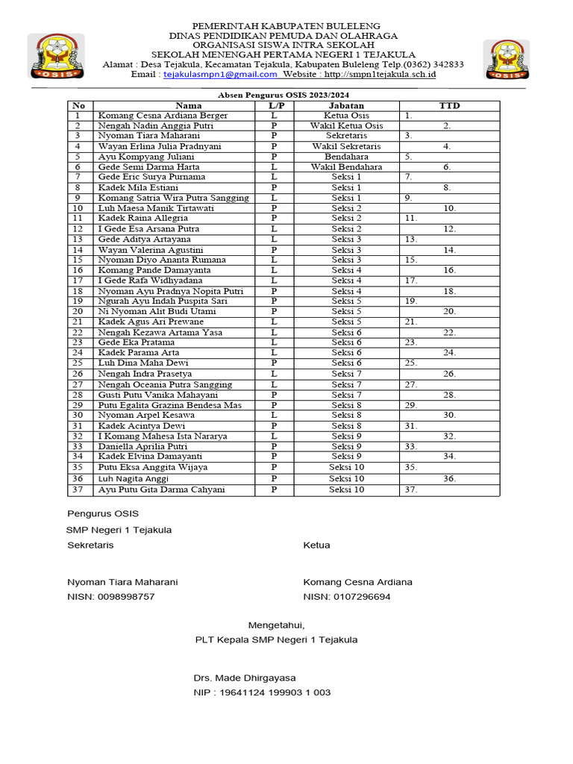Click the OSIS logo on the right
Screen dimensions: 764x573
pyautogui.click(x=507, y=60)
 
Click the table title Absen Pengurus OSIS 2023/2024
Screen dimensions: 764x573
pyautogui.click(x=283, y=95)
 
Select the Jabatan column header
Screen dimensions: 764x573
pyautogui.click(x=346, y=106)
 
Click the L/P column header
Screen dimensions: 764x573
pyautogui.click(x=274, y=106)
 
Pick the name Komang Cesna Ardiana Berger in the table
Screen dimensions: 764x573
pyautogui.click(x=163, y=116)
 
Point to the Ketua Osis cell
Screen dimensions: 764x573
pyautogui.click(x=346, y=116)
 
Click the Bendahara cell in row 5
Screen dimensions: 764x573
pyautogui.click(x=346, y=157)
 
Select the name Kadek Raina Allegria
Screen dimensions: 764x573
pyautogui.click(x=143, y=218)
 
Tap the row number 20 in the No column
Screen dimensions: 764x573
pyautogui.click(x=78, y=311)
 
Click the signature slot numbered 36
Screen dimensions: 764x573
pyautogui.click(x=448, y=478)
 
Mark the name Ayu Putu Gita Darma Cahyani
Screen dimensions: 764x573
pyautogui.click(x=161, y=489)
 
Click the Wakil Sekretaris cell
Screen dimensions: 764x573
pyautogui.click(x=346, y=147)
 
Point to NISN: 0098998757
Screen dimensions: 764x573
pyautogui.click(x=111, y=597)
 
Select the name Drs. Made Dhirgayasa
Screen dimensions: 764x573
pyautogui.click(x=245, y=677)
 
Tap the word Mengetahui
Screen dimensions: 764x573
pyautogui.click(x=276, y=624)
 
